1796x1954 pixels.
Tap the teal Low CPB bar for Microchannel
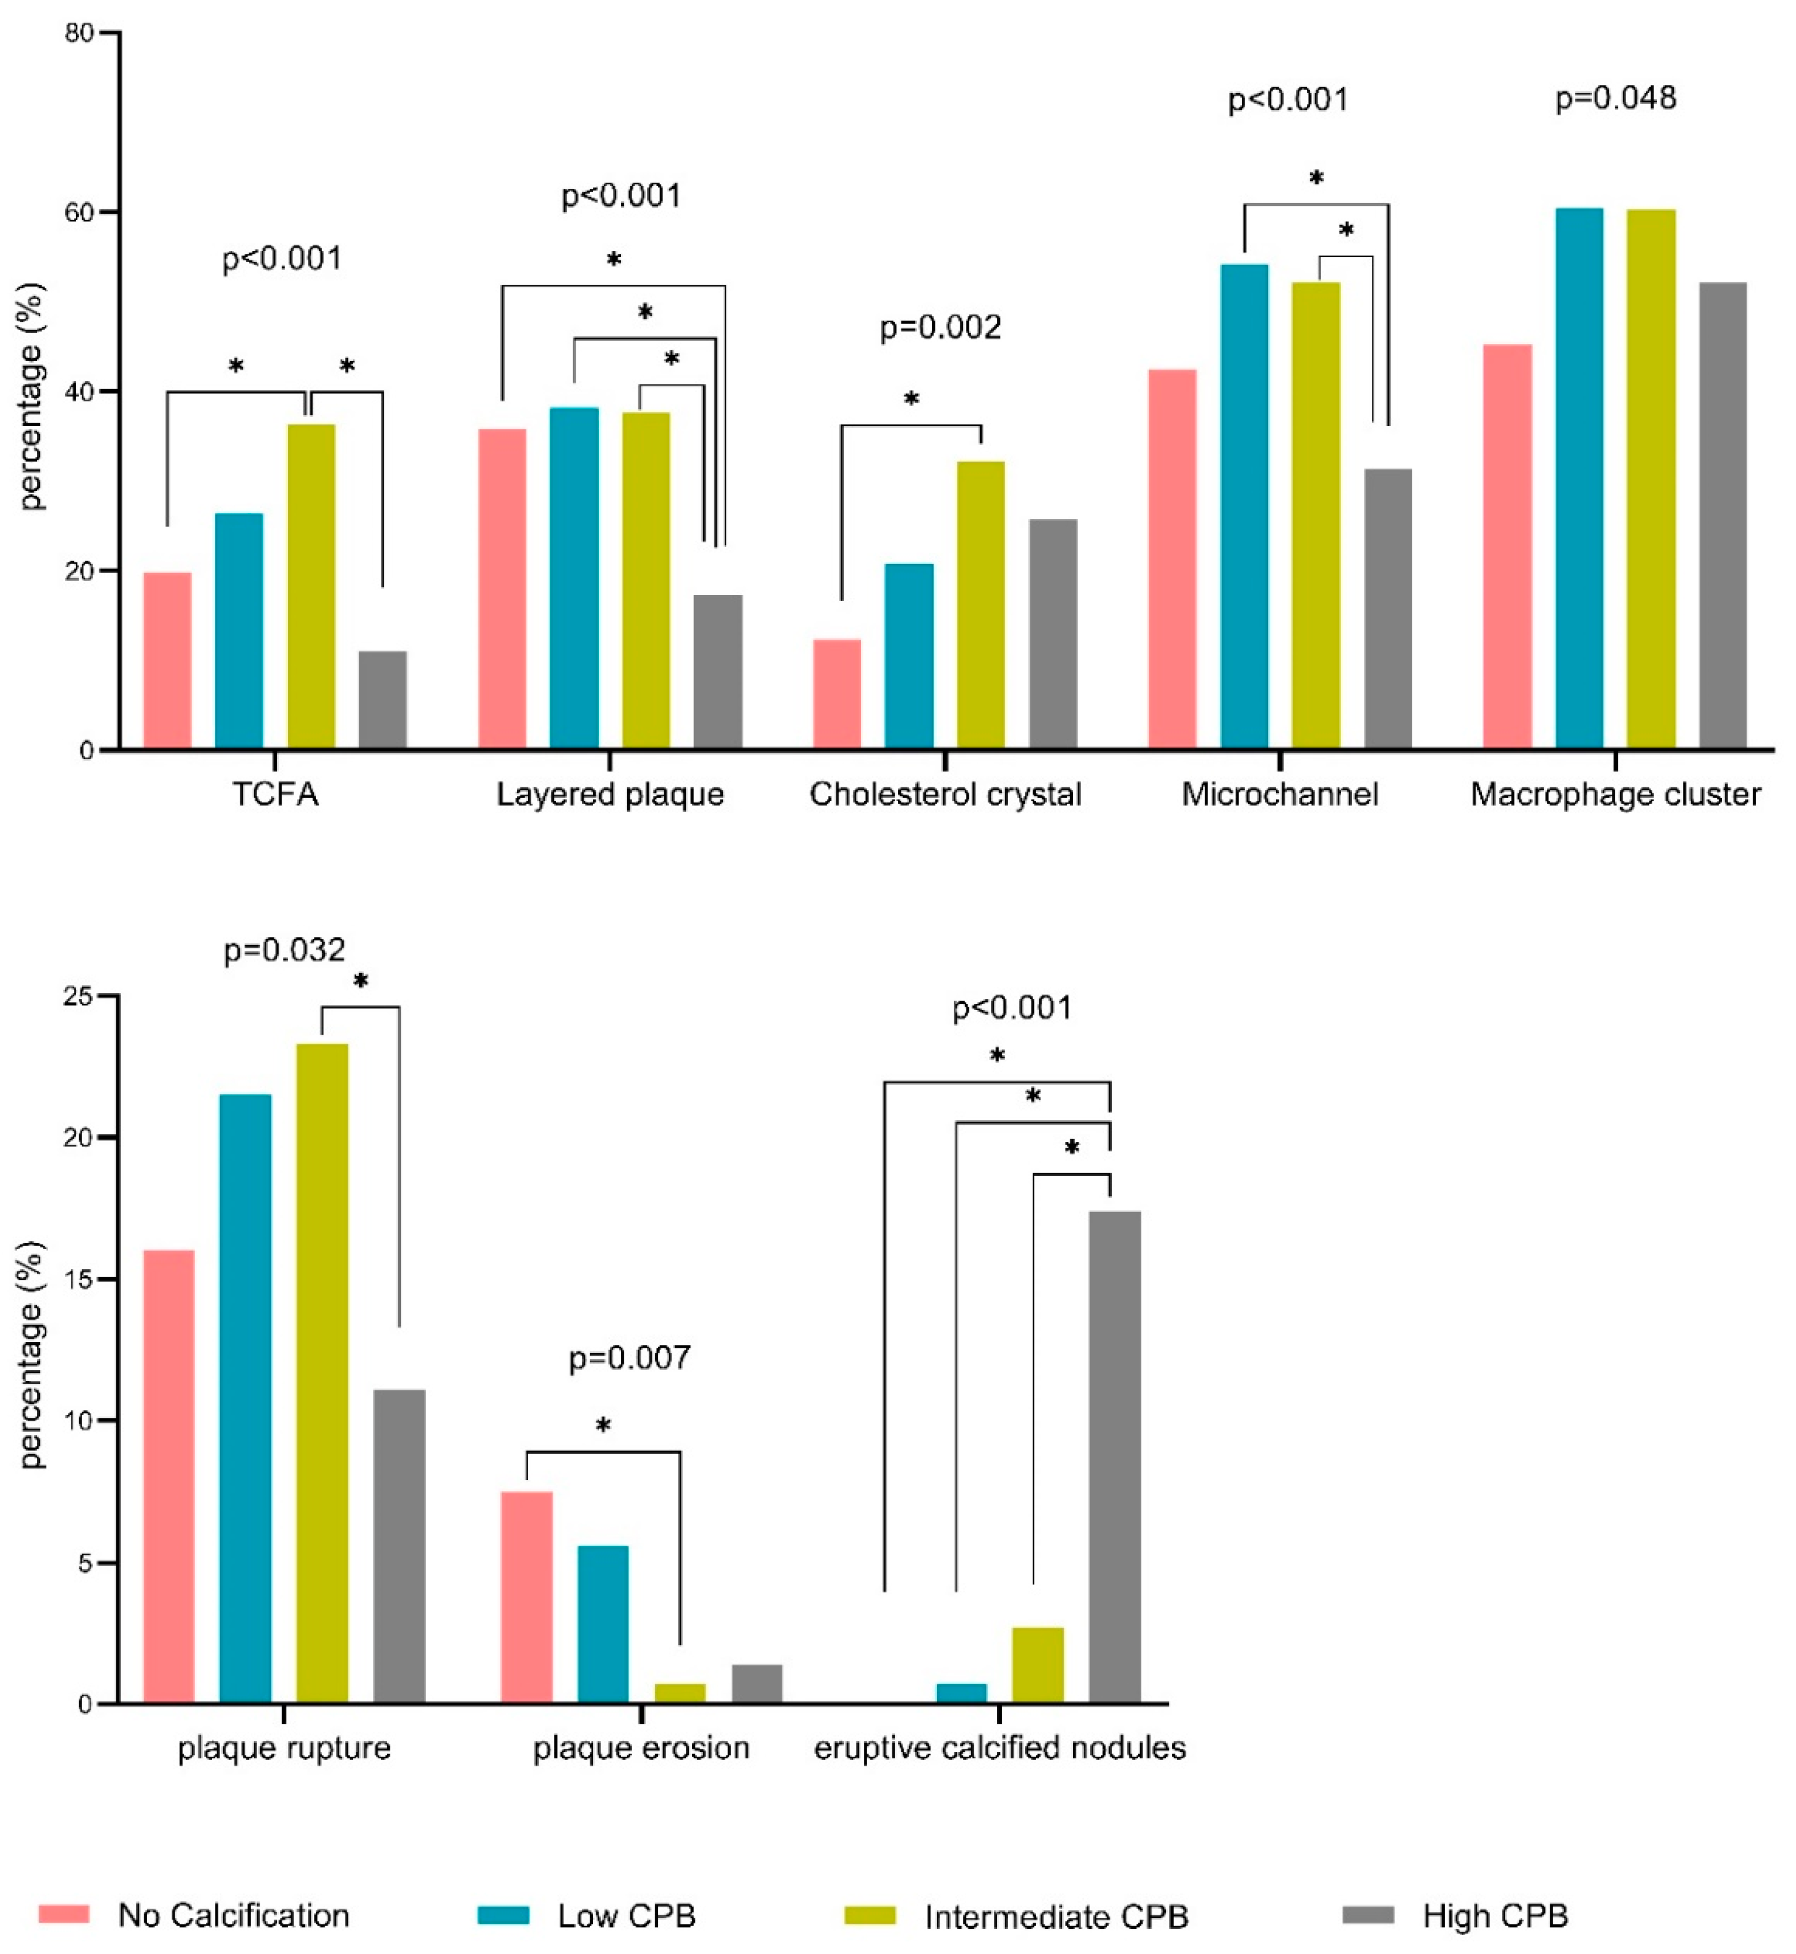[x=1244, y=505]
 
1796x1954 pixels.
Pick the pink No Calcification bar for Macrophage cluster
[x=1507, y=545]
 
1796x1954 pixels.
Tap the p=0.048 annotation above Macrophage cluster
[x=1615, y=98]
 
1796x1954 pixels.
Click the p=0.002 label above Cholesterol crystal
[x=940, y=327]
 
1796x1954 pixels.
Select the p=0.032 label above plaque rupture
[x=284, y=950]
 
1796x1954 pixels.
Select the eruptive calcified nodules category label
[x=999, y=1748]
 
